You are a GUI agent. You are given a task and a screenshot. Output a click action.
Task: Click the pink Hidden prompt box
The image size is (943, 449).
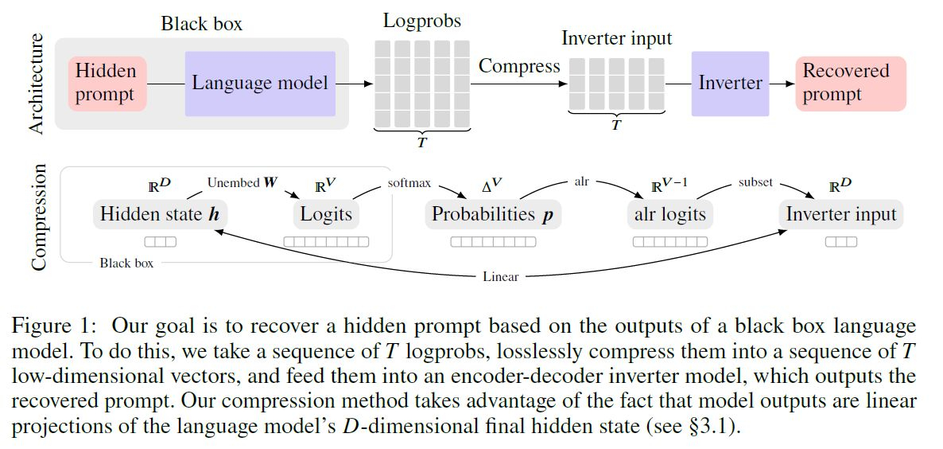click(x=107, y=83)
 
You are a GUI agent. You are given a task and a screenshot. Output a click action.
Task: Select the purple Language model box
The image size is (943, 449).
click(x=260, y=83)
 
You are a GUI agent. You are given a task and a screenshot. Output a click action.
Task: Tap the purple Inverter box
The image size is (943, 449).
click(x=730, y=83)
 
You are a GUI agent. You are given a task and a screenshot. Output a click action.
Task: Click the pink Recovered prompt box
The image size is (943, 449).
click(x=850, y=83)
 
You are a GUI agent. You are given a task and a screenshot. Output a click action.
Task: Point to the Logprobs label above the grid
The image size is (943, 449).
click(x=423, y=21)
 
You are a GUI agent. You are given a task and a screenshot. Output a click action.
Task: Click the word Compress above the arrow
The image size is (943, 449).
click(x=519, y=66)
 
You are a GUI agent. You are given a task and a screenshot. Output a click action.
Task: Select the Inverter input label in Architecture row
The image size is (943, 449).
click(x=616, y=38)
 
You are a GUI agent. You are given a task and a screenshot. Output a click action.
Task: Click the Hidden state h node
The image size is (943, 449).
click(x=160, y=214)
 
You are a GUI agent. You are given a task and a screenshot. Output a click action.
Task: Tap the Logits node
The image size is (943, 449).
click(x=326, y=214)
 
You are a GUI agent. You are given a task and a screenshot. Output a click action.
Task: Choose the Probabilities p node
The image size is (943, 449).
click(x=493, y=214)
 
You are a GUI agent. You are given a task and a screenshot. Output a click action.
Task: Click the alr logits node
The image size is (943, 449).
click(x=670, y=214)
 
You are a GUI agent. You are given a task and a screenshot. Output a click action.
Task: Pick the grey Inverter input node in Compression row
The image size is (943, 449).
click(x=840, y=214)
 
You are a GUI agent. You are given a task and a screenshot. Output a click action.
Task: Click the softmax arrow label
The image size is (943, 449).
click(x=409, y=183)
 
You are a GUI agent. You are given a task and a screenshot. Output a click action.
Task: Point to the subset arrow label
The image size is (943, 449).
click(x=755, y=182)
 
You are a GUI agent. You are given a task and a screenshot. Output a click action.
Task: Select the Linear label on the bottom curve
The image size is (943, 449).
click(x=501, y=277)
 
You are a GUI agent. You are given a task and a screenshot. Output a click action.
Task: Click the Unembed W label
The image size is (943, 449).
click(x=243, y=183)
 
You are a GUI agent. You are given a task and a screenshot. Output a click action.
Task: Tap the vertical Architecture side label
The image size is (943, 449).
click(x=37, y=83)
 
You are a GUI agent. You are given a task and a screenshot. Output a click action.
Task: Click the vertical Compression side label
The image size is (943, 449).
click(x=37, y=217)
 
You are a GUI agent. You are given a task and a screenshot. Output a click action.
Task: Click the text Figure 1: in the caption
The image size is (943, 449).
click(x=56, y=326)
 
